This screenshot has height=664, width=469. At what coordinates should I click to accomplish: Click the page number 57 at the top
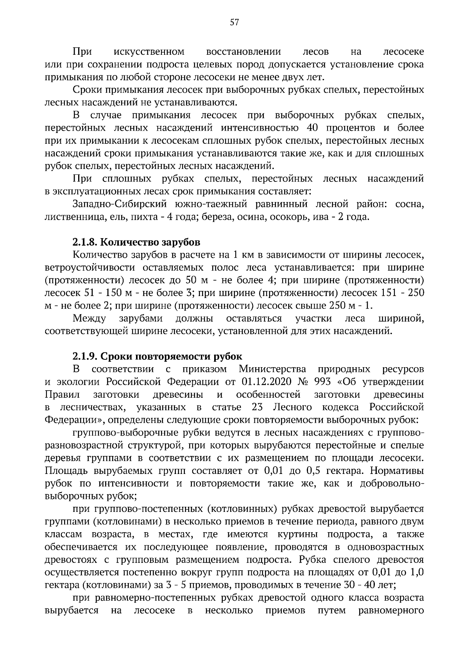coord(234,22)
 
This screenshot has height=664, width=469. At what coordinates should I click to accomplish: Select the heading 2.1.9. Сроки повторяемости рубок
coord(157,356)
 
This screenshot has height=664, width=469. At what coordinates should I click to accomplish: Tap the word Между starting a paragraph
coord(90,318)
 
